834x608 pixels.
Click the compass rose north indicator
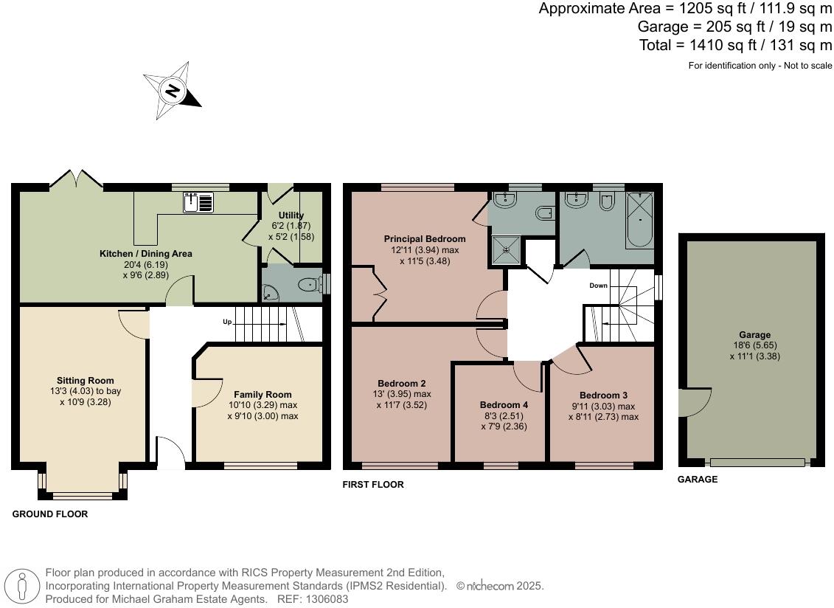click(173, 91)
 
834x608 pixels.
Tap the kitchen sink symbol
click(198, 201)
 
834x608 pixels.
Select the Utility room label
click(291, 215)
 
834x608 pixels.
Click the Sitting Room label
click(83, 381)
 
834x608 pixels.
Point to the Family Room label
click(263, 394)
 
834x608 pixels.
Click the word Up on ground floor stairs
click(228, 322)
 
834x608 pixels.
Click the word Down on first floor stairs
click(599, 285)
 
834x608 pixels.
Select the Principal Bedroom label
click(425, 239)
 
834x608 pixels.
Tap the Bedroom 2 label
click(402, 383)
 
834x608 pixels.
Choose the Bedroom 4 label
click(504, 405)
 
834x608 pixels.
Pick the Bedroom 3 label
click(603, 395)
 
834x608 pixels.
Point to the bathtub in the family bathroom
click(639, 220)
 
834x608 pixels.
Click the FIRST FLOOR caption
click(373, 485)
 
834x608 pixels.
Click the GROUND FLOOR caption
click(49, 514)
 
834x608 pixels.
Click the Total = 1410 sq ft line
click(735, 45)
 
